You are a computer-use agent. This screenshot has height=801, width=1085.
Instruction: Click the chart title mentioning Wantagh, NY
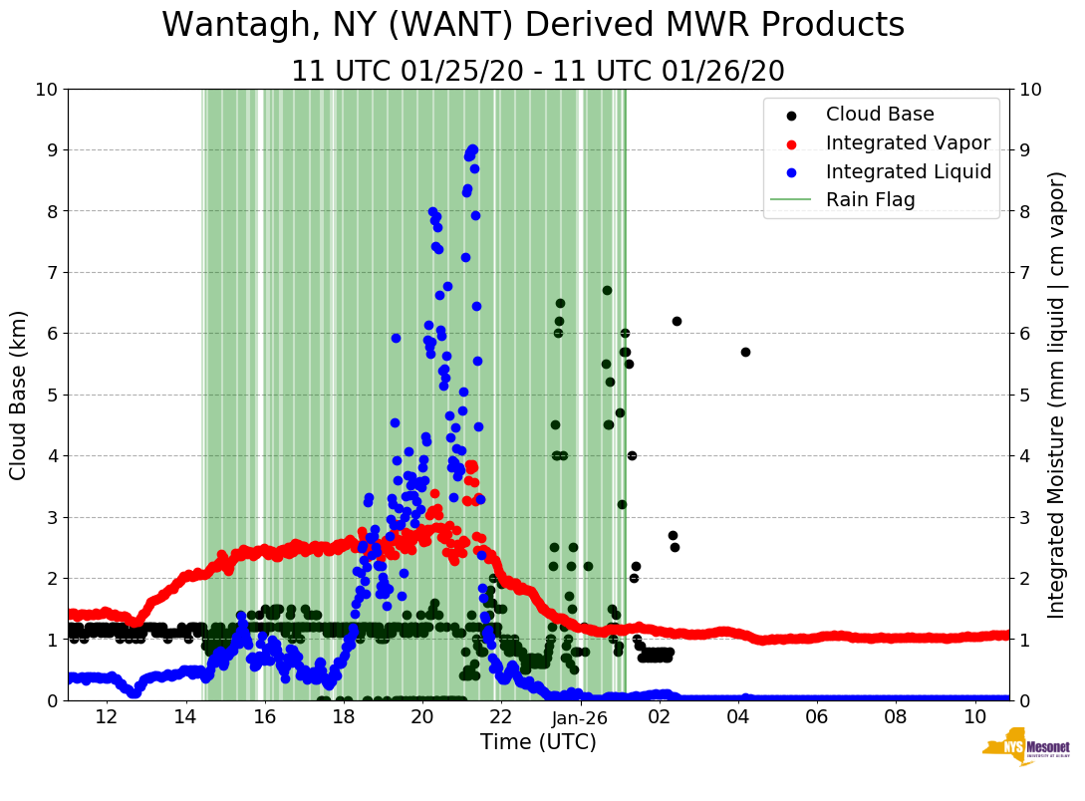tap(533, 25)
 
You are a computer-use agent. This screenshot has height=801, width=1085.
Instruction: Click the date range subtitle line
tap(538, 72)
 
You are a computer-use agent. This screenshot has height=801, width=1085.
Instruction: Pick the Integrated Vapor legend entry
tap(908, 143)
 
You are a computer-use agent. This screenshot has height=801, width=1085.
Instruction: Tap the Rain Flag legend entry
tap(870, 199)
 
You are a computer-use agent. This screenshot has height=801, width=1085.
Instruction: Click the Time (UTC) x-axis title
tap(538, 742)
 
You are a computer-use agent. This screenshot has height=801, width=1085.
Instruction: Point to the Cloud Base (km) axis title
tap(19, 395)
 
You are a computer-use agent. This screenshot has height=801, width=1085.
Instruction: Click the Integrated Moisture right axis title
tap(1057, 395)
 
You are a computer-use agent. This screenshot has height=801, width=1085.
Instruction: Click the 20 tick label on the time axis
tap(422, 716)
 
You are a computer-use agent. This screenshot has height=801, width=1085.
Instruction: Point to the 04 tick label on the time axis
tap(738, 716)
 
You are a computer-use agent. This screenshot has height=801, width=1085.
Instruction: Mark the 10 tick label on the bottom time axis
tap(974, 716)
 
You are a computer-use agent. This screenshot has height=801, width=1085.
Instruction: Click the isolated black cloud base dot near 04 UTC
tap(745, 352)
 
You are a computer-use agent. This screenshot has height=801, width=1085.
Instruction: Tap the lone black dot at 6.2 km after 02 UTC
tap(677, 321)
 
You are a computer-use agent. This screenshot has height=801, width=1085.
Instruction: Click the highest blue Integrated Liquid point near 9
tap(472, 149)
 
